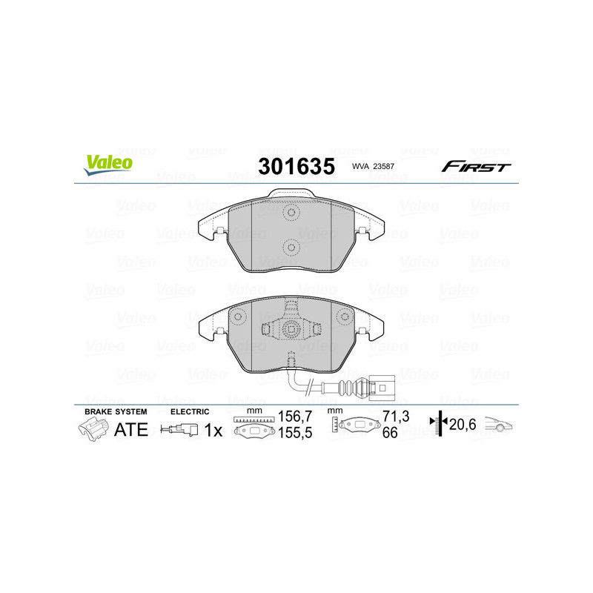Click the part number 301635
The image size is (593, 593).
pos(295,166)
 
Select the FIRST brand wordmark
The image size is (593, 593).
pos(476,167)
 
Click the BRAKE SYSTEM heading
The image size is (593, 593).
pos(116,411)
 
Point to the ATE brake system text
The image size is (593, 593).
pos(130,430)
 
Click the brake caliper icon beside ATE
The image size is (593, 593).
pos(92,429)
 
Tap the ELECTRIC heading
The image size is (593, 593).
pos(190,411)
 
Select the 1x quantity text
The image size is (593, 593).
pos(213,430)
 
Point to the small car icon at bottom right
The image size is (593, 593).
pos(500,425)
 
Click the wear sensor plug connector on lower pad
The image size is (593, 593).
pos(383,386)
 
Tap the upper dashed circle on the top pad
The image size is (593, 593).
pos(291,213)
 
